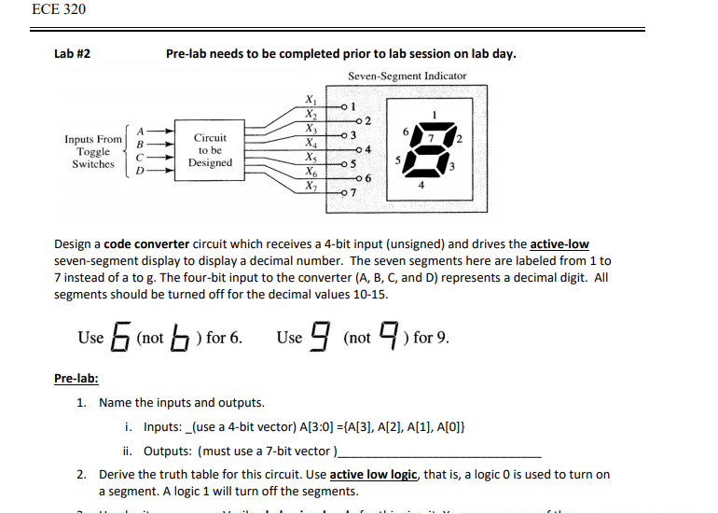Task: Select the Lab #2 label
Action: coord(73,54)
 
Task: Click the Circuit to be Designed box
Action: coord(210,150)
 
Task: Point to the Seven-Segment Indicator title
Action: coord(407,76)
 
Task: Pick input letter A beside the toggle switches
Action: coord(141,131)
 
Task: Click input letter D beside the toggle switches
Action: coord(141,172)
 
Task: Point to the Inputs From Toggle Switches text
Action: coord(93,151)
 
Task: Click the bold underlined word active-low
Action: coord(559,244)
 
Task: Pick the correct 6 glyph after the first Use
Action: coord(119,337)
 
